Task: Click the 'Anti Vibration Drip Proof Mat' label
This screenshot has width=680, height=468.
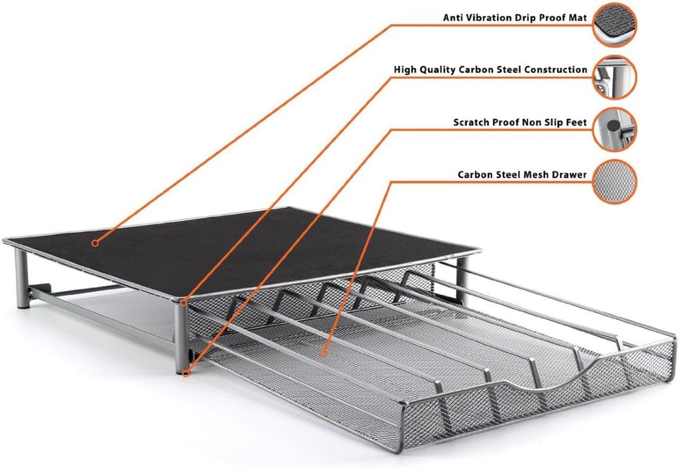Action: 515,18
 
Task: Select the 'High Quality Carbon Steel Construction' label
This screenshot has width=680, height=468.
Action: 490,70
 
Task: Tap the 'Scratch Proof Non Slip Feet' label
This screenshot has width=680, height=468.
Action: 520,123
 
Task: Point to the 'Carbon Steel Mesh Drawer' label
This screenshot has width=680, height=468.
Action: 522,175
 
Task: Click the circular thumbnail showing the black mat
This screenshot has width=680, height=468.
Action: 615,25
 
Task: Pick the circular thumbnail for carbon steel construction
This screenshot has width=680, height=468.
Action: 615,78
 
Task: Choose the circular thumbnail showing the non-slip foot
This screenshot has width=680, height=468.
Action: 615,130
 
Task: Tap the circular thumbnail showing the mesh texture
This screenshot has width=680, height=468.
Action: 615,182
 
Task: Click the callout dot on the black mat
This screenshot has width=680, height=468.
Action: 95,243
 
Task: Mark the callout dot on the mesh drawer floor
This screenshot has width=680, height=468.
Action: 323,353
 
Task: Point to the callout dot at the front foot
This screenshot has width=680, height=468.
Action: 187,372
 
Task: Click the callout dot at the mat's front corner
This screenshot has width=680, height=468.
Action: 184,302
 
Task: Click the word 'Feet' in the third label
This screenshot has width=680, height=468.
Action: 576,123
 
